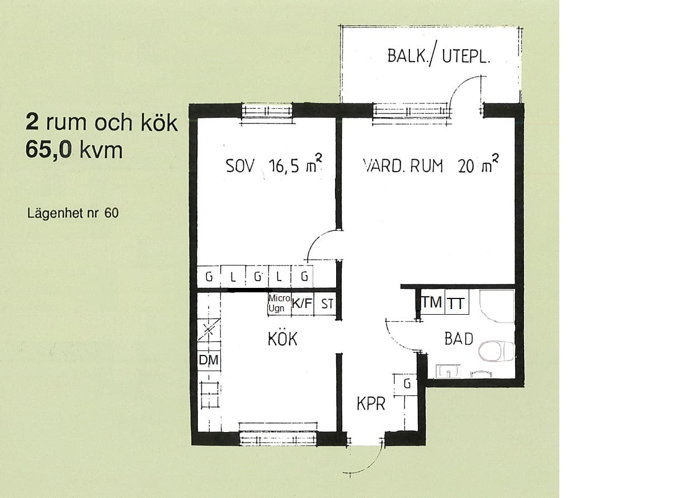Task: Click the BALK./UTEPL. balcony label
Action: pos(438,57)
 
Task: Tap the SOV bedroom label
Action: pos(240,166)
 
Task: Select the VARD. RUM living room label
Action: pos(403,166)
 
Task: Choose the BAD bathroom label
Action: pos(459,339)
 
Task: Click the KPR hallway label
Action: pos(371,404)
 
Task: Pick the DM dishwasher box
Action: pos(209,361)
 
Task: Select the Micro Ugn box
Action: pos(279,303)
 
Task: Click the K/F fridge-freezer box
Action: pos(302,303)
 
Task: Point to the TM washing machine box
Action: pos(432,302)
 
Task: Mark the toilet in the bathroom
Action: pos(496,352)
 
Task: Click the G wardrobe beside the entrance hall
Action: pos(407,385)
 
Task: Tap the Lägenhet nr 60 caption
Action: pos(73,214)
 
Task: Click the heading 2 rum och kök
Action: pos(102,123)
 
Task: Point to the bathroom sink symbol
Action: pos(448,371)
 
